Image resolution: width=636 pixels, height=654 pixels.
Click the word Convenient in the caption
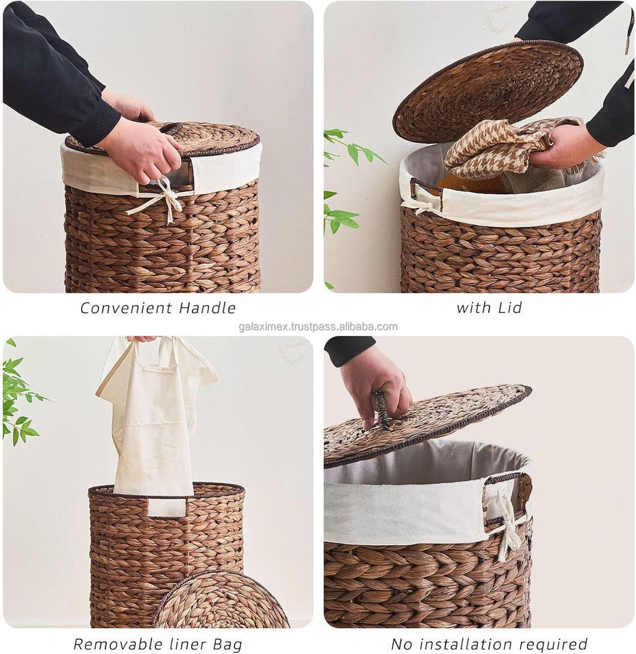[125, 308]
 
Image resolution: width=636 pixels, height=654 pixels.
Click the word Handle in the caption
[207, 308]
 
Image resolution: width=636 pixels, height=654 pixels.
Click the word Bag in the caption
[226, 644]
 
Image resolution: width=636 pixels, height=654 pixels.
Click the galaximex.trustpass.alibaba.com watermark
[318, 326]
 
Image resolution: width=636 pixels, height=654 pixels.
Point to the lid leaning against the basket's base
[221, 602]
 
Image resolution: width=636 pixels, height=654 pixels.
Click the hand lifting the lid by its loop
[375, 390]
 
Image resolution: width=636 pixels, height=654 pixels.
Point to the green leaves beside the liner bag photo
[20, 401]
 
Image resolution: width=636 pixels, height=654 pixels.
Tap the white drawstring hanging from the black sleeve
[628, 38]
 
